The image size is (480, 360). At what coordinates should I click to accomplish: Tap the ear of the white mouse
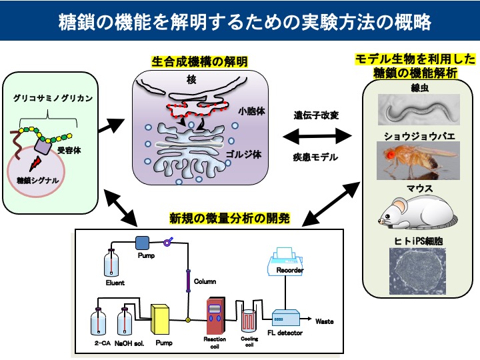click(400, 205)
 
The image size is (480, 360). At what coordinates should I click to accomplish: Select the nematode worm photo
click(419, 109)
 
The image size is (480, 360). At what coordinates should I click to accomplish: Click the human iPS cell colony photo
click(417, 271)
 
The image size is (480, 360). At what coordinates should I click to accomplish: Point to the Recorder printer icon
click(285, 261)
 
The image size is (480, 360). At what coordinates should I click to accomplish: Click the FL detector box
click(286, 318)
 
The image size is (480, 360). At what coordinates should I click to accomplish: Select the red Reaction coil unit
click(215, 315)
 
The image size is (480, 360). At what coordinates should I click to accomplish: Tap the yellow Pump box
click(160, 319)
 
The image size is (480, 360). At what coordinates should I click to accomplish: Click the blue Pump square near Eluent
click(142, 243)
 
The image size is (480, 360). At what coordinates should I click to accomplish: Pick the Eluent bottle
click(111, 263)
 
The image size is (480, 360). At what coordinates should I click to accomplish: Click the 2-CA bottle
click(98, 321)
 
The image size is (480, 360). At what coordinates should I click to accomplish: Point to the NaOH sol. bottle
click(125, 321)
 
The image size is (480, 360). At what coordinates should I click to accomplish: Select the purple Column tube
click(188, 281)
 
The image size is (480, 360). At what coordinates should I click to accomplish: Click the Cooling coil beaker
click(249, 321)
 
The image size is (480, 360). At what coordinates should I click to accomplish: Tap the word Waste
click(324, 321)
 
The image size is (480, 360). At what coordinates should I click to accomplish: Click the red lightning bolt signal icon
click(35, 163)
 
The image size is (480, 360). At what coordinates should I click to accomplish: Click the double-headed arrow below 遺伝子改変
click(317, 136)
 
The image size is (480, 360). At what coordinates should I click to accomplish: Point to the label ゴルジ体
click(244, 154)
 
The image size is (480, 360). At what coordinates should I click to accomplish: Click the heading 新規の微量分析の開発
click(229, 219)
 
